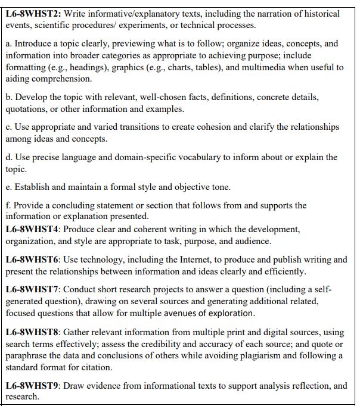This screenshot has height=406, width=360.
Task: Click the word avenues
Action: [x=187, y=313]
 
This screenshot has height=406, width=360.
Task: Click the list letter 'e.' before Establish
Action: [x=9, y=187]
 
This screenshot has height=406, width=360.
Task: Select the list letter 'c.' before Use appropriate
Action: [x=9, y=127]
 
